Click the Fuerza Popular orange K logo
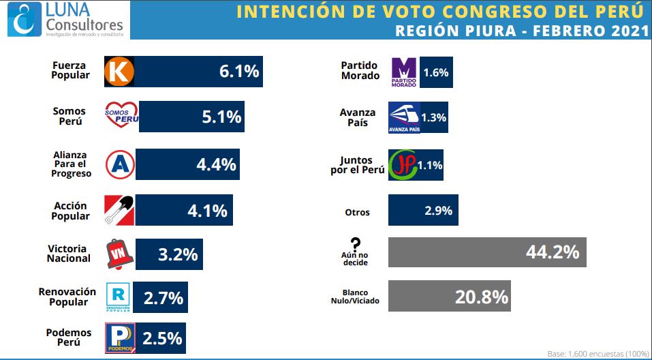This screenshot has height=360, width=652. coord(119,71)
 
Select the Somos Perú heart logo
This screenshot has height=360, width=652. coord(121,116)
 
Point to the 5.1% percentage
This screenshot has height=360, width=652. coord(221,117)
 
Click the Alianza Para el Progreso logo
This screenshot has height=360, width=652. coord(120,164)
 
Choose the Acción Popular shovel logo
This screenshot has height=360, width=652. coord(119,210)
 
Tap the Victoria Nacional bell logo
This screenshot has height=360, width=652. coord(119,254)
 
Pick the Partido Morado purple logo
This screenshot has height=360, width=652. coord(403,72)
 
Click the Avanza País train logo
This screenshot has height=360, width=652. coord(404,117)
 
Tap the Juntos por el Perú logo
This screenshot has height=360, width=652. coord(403,165)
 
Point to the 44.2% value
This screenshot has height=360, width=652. coord(552,252)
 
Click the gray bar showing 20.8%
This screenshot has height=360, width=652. coord(449,297)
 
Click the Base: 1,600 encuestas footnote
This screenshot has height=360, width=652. coord(597,354)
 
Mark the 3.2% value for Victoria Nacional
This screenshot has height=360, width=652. coord(178,254)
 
